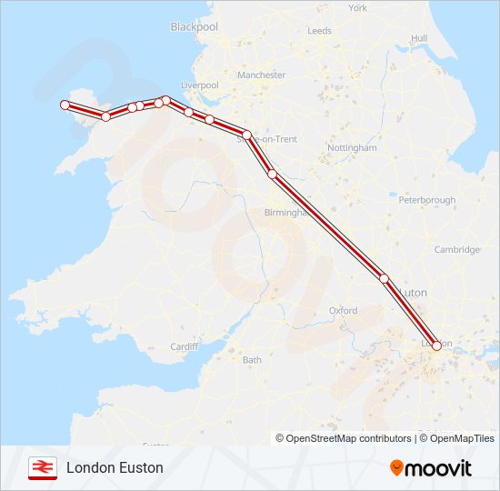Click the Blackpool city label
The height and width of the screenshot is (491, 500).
pyautogui.click(x=195, y=27)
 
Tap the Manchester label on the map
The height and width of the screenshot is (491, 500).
pyautogui.click(x=261, y=75)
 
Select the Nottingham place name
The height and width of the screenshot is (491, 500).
pyautogui.click(x=352, y=147)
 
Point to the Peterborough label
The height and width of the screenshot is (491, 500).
pyautogui.click(x=426, y=200)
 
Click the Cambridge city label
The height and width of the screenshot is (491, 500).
pyautogui.click(x=456, y=250)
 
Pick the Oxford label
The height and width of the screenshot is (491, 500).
pyautogui.click(x=343, y=310)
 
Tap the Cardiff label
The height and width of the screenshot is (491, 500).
pyautogui.click(x=185, y=346)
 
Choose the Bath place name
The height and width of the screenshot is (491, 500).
pyautogui.click(x=252, y=360)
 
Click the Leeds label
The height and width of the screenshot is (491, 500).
pyautogui.click(x=319, y=31)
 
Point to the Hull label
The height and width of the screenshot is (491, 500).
pyautogui.click(x=419, y=38)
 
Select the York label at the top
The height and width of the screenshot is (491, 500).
pyautogui.click(x=358, y=8)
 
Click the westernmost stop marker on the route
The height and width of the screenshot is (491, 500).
pyautogui.click(x=65, y=105)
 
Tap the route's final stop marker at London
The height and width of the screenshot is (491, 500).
pyautogui.click(x=436, y=346)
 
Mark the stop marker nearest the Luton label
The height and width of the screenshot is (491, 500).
pyautogui.click(x=384, y=279)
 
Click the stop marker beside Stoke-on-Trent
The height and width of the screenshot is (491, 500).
pyautogui.click(x=246, y=135)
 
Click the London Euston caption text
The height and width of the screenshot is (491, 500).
pyautogui.click(x=115, y=467)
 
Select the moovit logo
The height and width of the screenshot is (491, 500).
pyautogui.click(x=431, y=468)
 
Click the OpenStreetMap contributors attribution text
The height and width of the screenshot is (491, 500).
pyautogui.click(x=345, y=438)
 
